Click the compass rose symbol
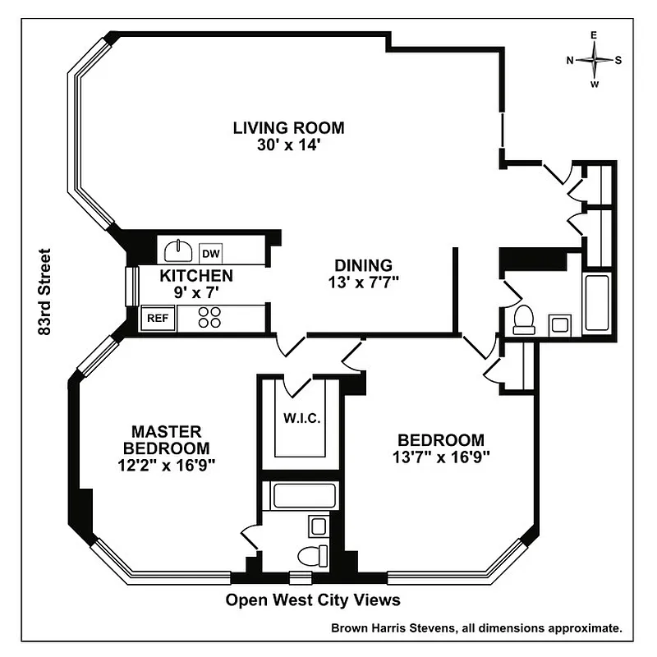[x=594, y=60]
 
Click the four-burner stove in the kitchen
[x=209, y=317]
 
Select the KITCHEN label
[x=196, y=276]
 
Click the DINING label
[x=363, y=265]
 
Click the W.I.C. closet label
[x=301, y=418]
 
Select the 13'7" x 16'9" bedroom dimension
[x=441, y=457]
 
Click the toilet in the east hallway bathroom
[x=523, y=319]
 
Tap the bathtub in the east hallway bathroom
[x=596, y=303]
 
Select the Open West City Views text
[x=313, y=600]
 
